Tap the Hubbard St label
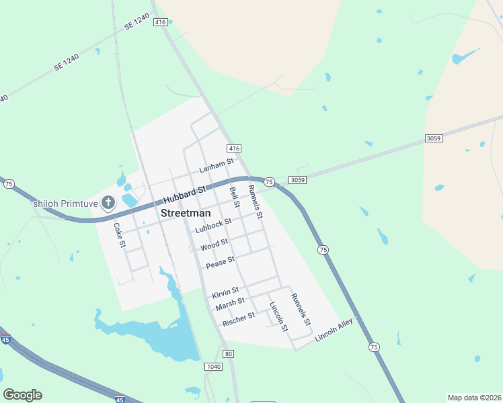coord(184,195)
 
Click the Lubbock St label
coord(213,225)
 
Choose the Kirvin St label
coord(225,294)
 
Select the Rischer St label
coord(238,319)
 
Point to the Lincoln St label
coord(278,317)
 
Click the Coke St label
coord(119,236)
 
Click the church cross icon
coord(107,203)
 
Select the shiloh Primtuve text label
coord(65,203)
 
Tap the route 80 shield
coord(229,354)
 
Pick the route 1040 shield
coord(213,366)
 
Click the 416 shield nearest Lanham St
coord(234,148)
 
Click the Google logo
coord(23,395)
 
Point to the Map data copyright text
coord(473,398)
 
